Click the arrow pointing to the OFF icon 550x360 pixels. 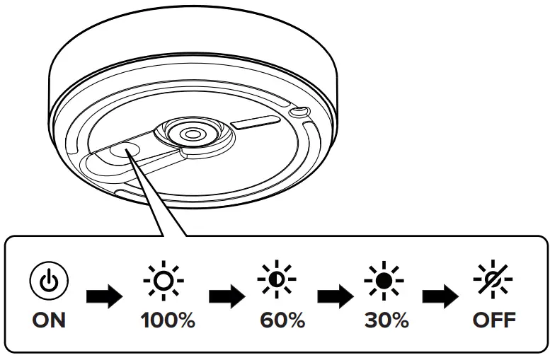click(x=442, y=296)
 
